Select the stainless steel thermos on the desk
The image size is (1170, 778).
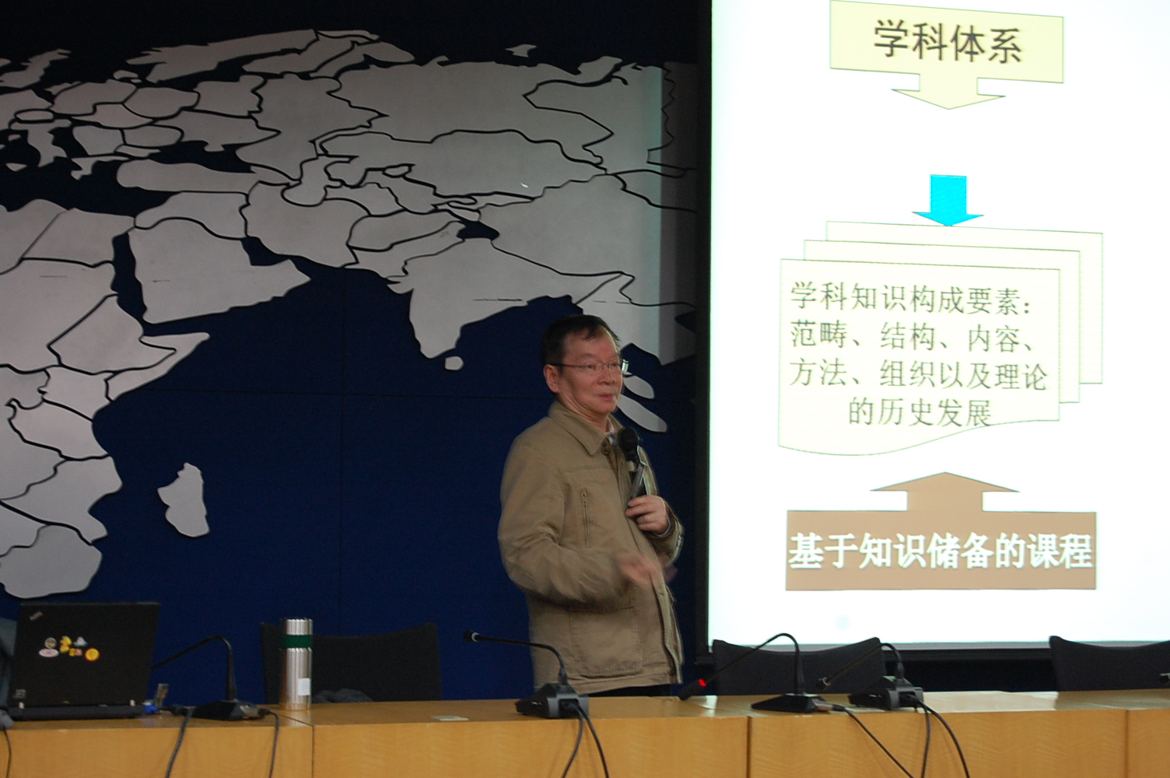pos(296,664)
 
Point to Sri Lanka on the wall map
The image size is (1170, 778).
pos(454,363)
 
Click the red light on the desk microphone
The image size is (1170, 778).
pos(702,682)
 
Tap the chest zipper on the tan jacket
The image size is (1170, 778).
pos(584,517)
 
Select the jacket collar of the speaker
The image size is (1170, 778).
pos(585,426)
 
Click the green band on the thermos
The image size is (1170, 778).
pos(296,640)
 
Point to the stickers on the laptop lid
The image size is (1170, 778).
pos(68,652)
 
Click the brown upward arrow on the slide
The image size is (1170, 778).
pos(944,491)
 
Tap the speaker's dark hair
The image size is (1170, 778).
pos(575,335)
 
